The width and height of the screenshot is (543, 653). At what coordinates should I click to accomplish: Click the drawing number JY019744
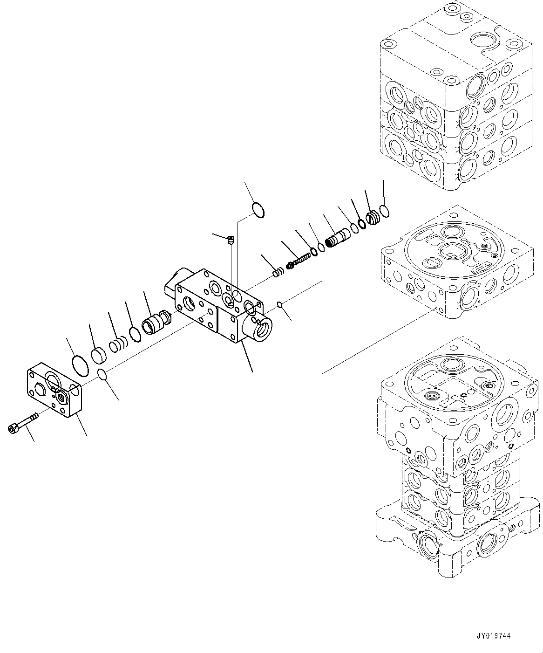coord(493,636)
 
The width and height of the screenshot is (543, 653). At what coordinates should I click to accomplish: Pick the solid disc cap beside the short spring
coord(99,356)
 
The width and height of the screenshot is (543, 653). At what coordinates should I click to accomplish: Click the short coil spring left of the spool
coord(118,345)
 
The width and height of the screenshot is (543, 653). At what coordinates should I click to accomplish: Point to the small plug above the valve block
coord(230,240)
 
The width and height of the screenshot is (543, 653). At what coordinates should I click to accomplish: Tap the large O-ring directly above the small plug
coord(258,209)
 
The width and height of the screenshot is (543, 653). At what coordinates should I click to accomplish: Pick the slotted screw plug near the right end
coord(373,218)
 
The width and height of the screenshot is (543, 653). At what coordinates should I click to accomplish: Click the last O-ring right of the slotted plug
coord(385,212)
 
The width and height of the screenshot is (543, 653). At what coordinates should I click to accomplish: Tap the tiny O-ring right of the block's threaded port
coord(279,305)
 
